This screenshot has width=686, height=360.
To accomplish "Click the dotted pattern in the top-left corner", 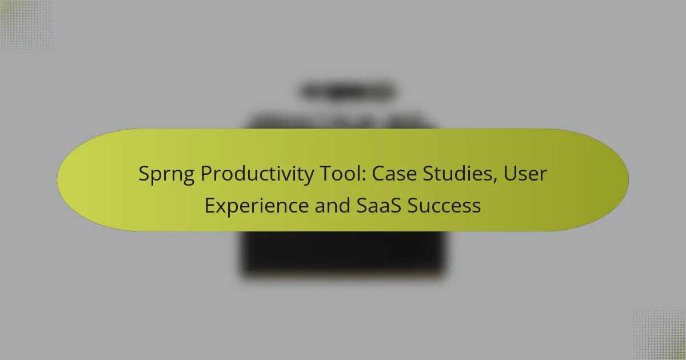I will (x=26, y=26).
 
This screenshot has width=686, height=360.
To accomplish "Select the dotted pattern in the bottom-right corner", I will (x=659, y=333).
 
